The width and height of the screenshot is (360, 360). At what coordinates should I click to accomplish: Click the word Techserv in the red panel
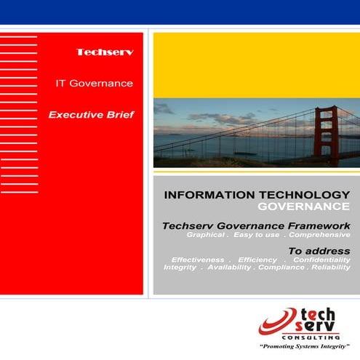click(x=105, y=52)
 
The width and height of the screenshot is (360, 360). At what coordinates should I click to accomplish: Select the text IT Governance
click(x=95, y=83)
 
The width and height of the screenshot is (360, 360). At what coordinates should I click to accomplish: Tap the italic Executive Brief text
click(x=91, y=115)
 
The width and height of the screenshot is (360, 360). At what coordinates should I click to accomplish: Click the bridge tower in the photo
click(x=324, y=135)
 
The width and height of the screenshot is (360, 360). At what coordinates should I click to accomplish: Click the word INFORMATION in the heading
click(x=201, y=195)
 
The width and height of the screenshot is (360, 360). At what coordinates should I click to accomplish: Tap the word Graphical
click(x=207, y=236)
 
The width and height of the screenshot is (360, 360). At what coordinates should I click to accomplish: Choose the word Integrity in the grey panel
click(x=180, y=268)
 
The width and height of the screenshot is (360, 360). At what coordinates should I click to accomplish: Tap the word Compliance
click(x=279, y=268)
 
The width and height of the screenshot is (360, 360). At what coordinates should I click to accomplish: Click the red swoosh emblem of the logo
click(x=276, y=320)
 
